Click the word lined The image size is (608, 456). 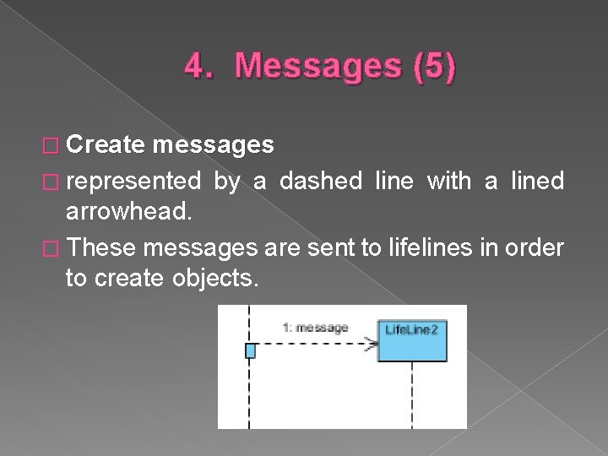tap(535, 180)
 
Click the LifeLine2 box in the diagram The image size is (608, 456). tap(411, 330)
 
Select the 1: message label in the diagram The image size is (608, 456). tap(317, 328)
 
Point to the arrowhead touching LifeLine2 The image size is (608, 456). tap(371, 344)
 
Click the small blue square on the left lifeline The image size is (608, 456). tap(250, 350)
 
